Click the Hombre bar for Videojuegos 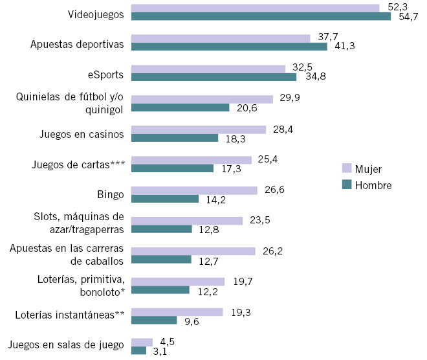click(261, 16)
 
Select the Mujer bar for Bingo click(194, 190)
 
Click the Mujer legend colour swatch click(346, 168)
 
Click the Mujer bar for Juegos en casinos click(199, 129)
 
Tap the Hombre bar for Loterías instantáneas click(154, 320)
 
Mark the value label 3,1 click(159, 352)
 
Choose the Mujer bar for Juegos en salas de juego click(142, 342)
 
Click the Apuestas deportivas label click(77, 45)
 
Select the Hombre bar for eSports click(213, 77)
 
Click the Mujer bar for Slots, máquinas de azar click(187, 221)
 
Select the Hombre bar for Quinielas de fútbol click(181, 107)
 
